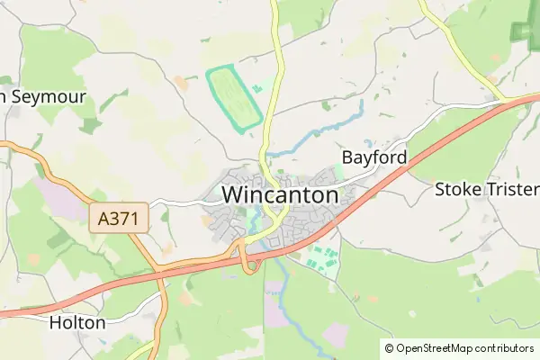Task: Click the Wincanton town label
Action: pos(280,194)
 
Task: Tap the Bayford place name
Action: pos(373,157)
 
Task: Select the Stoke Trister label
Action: pos(486,190)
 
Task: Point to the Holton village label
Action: pos(77,322)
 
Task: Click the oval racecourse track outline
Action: pos(233,99)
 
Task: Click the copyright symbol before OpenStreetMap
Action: pos(389,348)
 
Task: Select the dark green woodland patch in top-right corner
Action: pos(525,31)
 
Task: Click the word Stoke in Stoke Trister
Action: pos(460,190)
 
